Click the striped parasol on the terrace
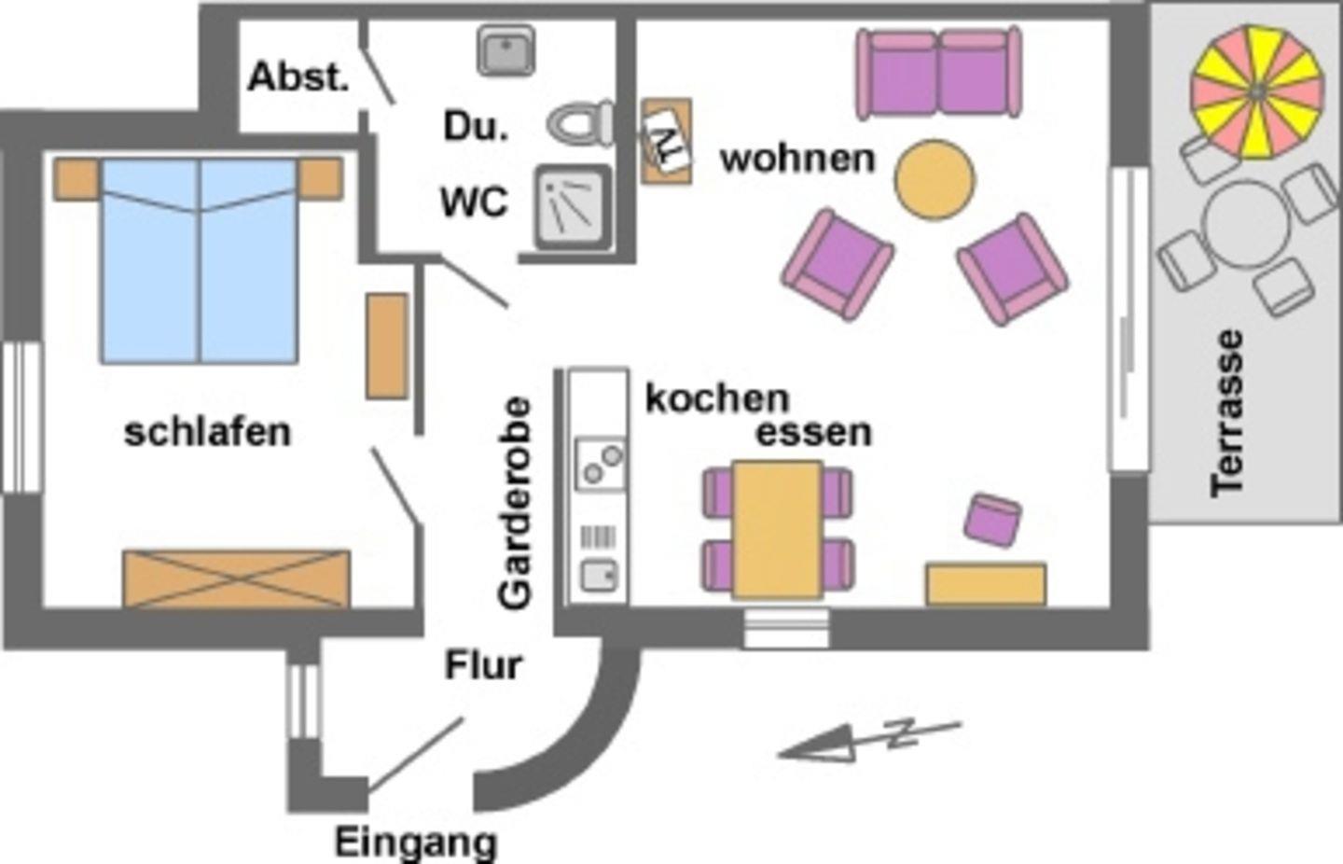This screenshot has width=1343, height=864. coord(1256,91)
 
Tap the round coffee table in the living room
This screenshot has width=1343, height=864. coord(935,180)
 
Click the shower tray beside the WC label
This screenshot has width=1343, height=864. coord(572,206)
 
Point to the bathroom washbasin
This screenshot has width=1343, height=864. coord(506,49)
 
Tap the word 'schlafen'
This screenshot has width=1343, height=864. coord(207,432)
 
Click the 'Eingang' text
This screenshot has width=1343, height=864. coord(416,843)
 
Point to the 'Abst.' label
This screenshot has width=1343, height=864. coord(298,77)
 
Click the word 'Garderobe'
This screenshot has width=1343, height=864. coord(515,504)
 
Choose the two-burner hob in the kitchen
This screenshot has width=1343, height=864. coord(599,464)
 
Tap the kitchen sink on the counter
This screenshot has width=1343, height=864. coord(598,575)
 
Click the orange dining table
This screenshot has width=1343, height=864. coord(777,529)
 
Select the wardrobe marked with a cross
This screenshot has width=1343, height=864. coord(236,578)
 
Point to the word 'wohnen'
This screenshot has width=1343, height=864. coord(797,159)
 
